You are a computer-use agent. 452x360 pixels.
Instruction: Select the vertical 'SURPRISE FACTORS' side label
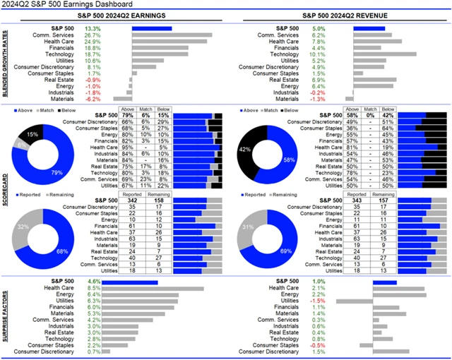point(6,318)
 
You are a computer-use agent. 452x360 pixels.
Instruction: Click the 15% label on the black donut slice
point(33,133)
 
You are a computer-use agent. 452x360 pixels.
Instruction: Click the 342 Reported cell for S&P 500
point(132,200)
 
